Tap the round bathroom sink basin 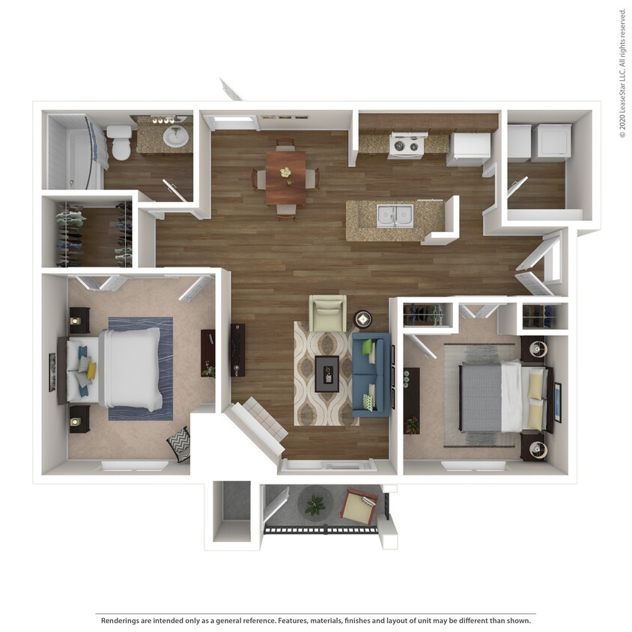(x=175, y=136)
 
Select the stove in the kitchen (x=407, y=145)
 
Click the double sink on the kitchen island (x=394, y=216)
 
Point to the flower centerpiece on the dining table (x=285, y=172)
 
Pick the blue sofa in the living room (x=371, y=374)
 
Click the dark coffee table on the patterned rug (x=326, y=373)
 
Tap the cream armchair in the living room (x=328, y=312)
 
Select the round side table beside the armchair (x=362, y=319)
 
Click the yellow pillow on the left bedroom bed (x=91, y=371)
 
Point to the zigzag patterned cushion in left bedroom (x=179, y=443)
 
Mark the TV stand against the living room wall (x=237, y=350)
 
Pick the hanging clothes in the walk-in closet (x=71, y=234)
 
